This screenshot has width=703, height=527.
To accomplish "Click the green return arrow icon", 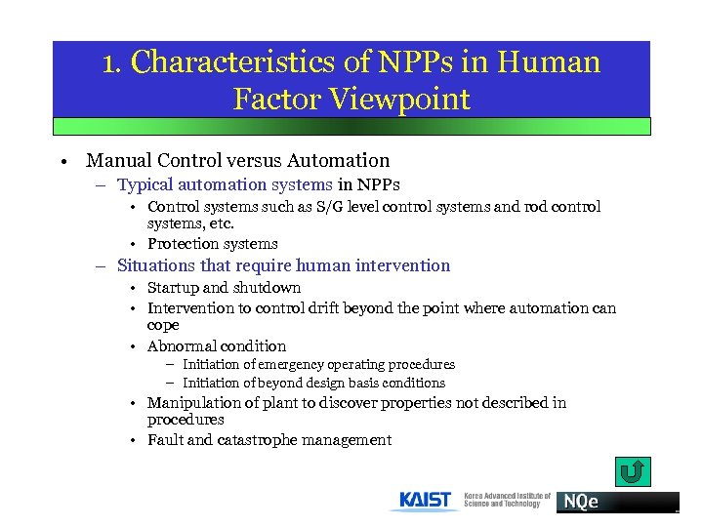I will tap(632, 472).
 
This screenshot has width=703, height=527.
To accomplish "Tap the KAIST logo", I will tap(426, 501).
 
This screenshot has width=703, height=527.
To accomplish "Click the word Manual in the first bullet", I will tap(118, 161).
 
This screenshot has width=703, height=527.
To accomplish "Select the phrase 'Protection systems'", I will tap(212, 244).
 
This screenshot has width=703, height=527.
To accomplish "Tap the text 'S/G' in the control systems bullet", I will tap(327, 207).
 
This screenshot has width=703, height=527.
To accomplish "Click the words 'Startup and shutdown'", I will tap(224, 288).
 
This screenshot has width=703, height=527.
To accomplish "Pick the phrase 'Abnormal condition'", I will tap(217, 346).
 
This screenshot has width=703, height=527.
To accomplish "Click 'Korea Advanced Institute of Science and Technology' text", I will tap(507, 500).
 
